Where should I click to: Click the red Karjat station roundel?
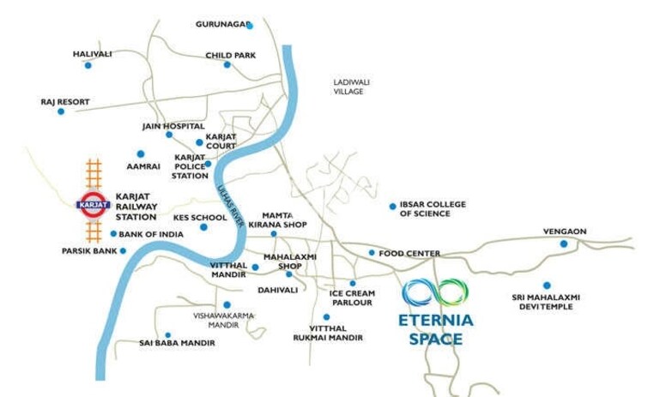(x=92, y=204)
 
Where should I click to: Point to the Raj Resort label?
(x=65, y=101)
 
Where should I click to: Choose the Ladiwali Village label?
(x=349, y=86)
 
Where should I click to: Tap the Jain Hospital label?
(x=173, y=125)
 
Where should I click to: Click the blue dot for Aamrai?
(x=141, y=154)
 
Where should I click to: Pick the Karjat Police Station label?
(x=191, y=166)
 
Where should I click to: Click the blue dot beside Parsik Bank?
(x=124, y=250)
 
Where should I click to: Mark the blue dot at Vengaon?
(x=564, y=244)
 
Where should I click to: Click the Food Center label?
(x=409, y=253)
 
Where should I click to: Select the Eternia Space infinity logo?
(x=436, y=292)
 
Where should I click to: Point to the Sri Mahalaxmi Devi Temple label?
(x=546, y=302)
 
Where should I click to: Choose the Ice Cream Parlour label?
(x=351, y=298)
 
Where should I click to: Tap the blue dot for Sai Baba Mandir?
(x=168, y=334)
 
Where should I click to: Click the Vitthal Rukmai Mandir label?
(x=336, y=333)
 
